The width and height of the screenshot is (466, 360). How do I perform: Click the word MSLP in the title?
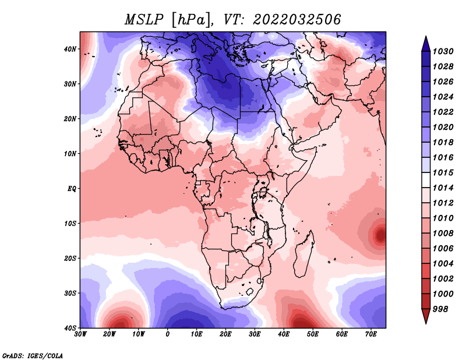pyautogui.click(x=144, y=20)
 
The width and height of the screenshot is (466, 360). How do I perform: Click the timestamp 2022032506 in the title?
pyautogui.click(x=296, y=20)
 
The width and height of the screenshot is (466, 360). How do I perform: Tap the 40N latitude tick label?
pyautogui.click(x=70, y=49)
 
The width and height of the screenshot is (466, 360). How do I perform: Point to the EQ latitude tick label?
pyautogui.click(x=72, y=189)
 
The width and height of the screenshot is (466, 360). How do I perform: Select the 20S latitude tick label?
pyautogui.click(x=70, y=258)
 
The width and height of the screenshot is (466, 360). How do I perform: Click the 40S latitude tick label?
pyautogui.click(x=70, y=328)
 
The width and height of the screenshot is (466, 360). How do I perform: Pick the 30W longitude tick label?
pyautogui.click(x=80, y=334)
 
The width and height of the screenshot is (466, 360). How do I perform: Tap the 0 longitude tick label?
pyautogui.click(x=168, y=334)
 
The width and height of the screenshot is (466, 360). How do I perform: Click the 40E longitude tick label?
pyautogui.click(x=284, y=334)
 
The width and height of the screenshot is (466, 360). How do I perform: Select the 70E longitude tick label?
pyautogui.click(x=371, y=334)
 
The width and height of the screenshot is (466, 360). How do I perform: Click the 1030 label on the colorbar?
pyautogui.click(x=443, y=51)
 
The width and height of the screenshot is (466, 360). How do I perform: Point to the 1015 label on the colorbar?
pyautogui.click(x=443, y=172)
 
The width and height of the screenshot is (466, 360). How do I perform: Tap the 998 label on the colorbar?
pyautogui.click(x=440, y=309)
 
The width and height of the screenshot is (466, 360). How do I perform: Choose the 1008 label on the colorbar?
pyautogui.click(x=443, y=234)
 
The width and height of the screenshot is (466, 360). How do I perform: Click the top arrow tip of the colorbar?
pyautogui.click(x=426, y=37)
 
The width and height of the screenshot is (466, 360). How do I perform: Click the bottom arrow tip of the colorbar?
pyautogui.click(x=426, y=323)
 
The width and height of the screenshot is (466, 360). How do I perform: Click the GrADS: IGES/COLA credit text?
pyautogui.click(x=33, y=355)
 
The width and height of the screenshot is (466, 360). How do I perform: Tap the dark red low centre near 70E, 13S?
pyautogui.click(x=381, y=235)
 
